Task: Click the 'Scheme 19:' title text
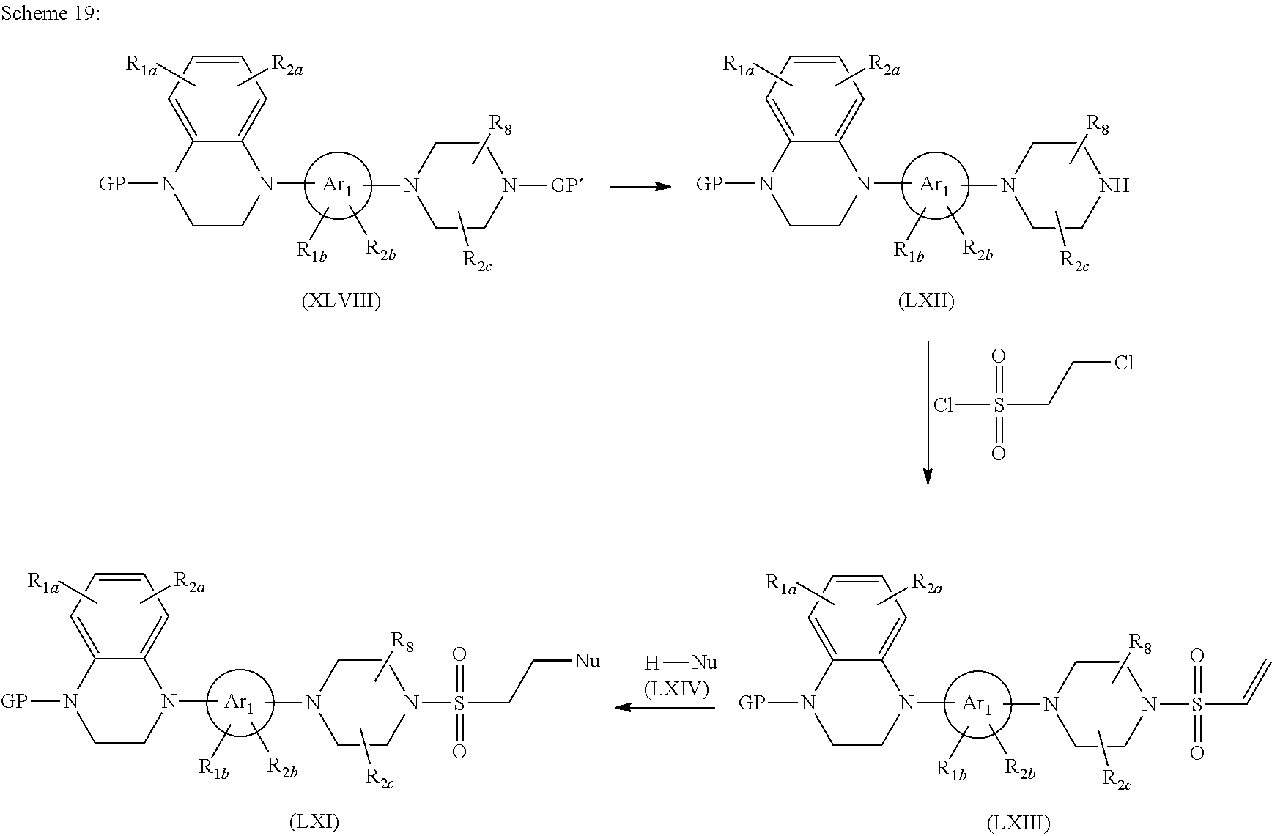click(x=49, y=15)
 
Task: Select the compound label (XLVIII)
click(x=341, y=301)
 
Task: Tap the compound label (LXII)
click(x=926, y=301)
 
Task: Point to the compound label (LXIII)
click(x=1018, y=824)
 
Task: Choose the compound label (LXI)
click(x=314, y=821)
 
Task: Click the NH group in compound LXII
click(x=1114, y=186)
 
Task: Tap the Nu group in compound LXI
click(x=587, y=662)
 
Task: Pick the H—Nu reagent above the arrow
click(x=670, y=664)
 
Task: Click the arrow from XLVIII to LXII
click(x=640, y=187)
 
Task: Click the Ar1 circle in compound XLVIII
click(x=339, y=186)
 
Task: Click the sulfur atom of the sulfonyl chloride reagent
click(x=998, y=405)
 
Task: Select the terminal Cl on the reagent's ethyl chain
click(x=1123, y=363)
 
